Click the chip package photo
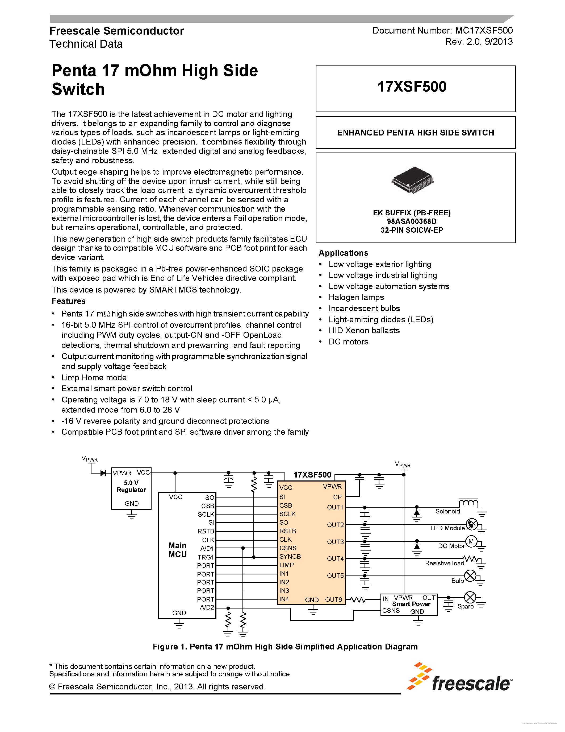pos(412,180)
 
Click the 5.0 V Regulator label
pos(131,486)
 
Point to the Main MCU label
pos(177,550)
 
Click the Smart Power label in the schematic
pos(411,604)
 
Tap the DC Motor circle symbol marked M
pos(471,542)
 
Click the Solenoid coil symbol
pos(468,503)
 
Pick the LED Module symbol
pos(472,524)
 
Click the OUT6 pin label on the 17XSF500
pos(333,600)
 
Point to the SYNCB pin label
pos(290,556)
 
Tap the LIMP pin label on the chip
pos(287,565)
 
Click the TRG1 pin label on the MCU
pos(206,557)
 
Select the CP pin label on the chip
pos(337,497)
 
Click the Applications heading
pos(343,253)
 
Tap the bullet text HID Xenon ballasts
pos(364,331)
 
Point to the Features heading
pos(69,301)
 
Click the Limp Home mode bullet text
pos(94,378)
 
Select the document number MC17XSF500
pos(484,31)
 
